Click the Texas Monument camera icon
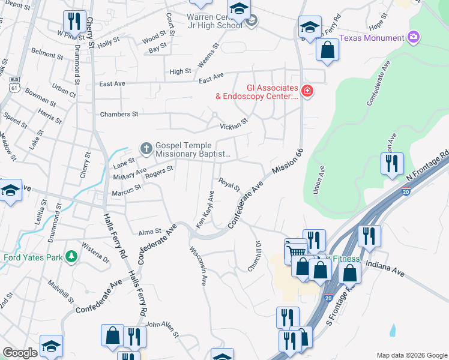413,38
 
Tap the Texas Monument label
372,38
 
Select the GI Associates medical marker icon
307,91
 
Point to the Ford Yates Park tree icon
71,256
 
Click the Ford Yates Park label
34,259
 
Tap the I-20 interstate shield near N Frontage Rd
406,192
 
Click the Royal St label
229,183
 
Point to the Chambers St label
119,114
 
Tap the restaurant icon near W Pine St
74,22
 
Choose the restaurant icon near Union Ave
391,163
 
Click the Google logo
20,353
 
